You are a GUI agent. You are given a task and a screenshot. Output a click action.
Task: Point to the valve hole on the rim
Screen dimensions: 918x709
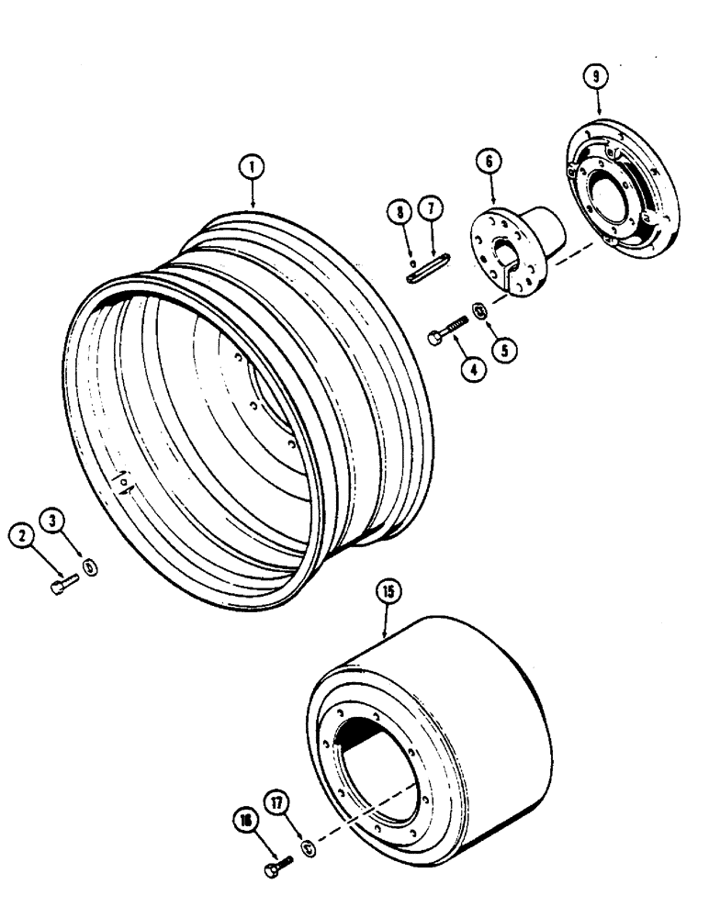122,484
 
